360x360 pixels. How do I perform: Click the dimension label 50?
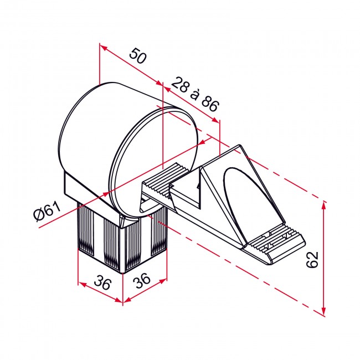pyautogui.click(x=138, y=55)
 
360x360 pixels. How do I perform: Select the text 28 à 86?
pyautogui.click(x=195, y=94)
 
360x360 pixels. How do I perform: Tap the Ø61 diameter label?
pyautogui.click(x=47, y=212)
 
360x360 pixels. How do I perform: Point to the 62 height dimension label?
pyautogui.click(x=312, y=259)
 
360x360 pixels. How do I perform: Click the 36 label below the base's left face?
pyautogui.click(x=102, y=284)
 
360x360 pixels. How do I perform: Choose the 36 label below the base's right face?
pyautogui.click(x=142, y=281)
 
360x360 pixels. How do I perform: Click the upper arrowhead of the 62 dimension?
pyautogui.click(x=324, y=206)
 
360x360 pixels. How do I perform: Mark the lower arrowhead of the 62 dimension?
pyautogui.click(x=324, y=311)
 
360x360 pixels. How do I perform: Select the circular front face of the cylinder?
pyautogui.click(x=153, y=161)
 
